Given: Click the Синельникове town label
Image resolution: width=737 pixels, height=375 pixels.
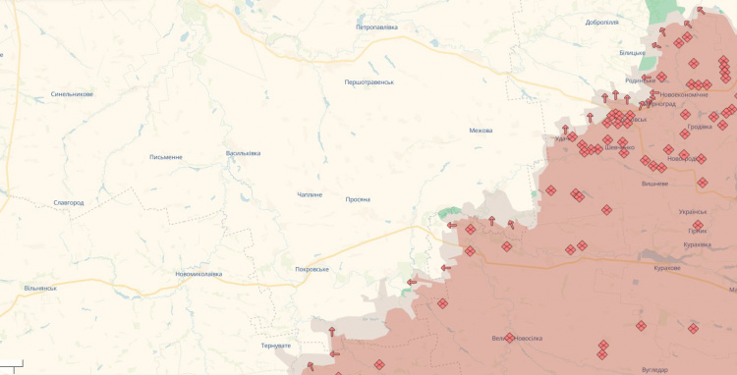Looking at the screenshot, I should tap(72, 94).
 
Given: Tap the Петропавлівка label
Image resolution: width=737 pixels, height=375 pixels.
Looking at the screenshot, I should tap(376, 27).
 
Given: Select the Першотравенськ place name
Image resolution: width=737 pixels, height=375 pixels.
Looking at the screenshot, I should tap(368, 82).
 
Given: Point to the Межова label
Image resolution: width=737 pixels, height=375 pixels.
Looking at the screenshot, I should tap(481, 131).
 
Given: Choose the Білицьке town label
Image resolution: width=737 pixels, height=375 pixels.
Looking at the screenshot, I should tap(633, 52).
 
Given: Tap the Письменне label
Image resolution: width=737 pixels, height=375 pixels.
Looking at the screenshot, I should tap(165, 157).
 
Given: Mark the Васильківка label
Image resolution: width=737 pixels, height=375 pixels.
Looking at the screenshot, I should tap(243, 153).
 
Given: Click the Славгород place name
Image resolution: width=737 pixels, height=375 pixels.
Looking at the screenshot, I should tap(69, 203).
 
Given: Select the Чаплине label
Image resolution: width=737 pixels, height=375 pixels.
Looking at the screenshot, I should tap(310, 195).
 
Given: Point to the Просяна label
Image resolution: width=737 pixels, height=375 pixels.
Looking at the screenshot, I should tap(358, 199).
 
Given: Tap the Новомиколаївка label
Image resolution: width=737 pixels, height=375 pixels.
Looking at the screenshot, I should tap(198, 274).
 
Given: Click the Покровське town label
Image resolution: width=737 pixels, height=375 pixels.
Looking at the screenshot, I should tap(312, 269).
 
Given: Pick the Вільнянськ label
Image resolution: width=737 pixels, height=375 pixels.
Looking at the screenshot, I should tap(40, 289).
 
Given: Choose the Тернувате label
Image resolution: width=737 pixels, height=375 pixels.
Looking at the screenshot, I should tap(275, 346).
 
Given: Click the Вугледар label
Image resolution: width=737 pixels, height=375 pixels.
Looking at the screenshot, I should tap(653, 369).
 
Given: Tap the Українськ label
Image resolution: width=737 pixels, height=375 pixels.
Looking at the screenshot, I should tap(692, 212).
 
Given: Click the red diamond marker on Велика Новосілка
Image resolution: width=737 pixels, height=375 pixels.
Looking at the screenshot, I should tap(510, 338).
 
